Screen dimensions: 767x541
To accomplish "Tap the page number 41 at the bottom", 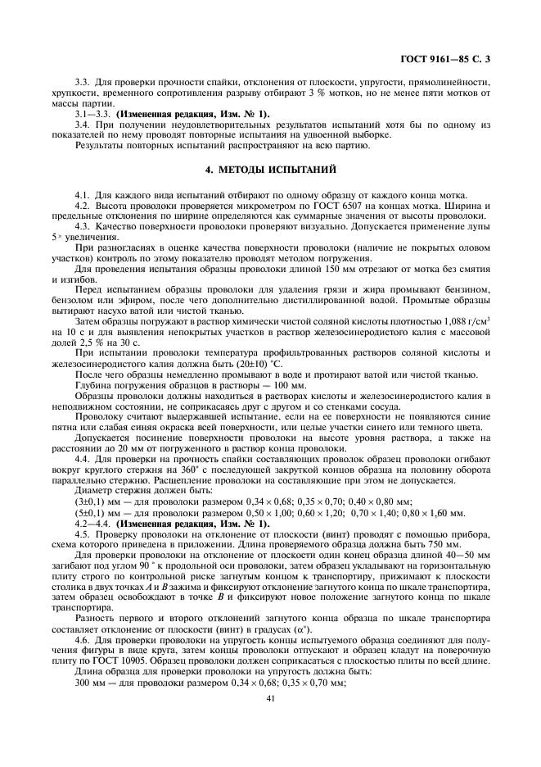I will click(x=270, y=699).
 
